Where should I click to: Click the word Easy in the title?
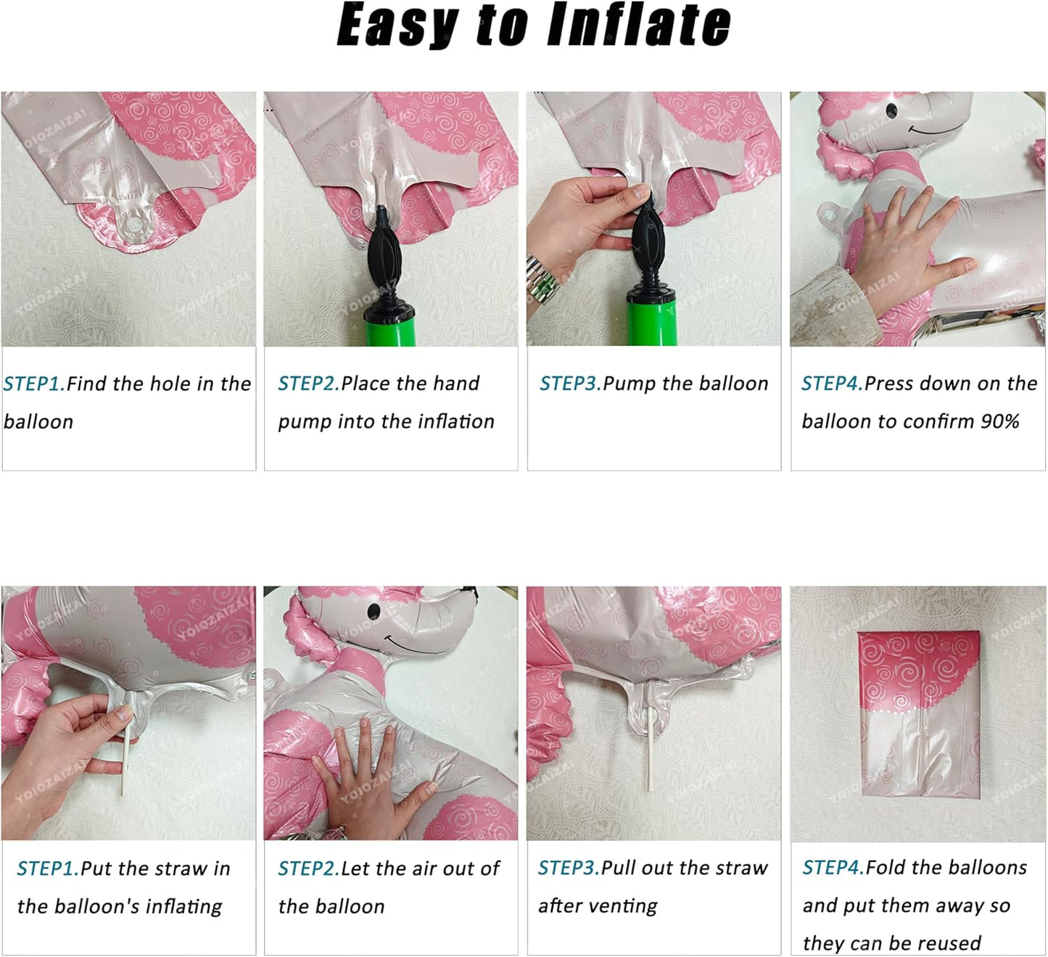pos(397,26)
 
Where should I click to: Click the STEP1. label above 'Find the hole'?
pos(35,384)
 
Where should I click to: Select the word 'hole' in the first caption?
pos(170,384)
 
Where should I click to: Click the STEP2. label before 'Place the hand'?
pos(309,384)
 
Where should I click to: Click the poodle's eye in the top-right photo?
pos(891,110)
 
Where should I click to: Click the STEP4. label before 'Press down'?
pos(833,384)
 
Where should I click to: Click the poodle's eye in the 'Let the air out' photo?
pos(374,611)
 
